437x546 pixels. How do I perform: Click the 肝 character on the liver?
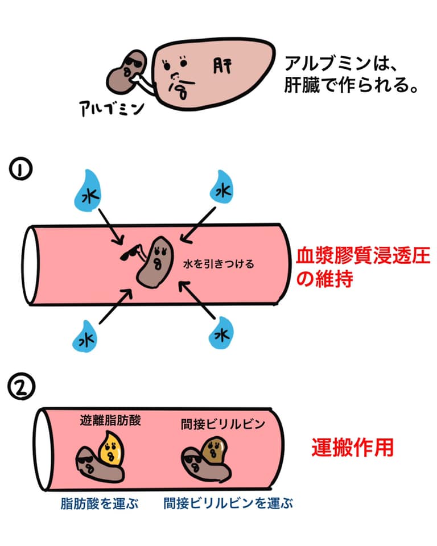coord(222,66)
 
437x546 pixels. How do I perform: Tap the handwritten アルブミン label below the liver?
coord(112,108)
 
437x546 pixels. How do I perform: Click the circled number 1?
coord(20,169)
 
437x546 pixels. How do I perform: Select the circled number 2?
coord(21,387)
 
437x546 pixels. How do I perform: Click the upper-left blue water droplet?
coord(87,191)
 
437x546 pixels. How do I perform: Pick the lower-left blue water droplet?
coord(85,337)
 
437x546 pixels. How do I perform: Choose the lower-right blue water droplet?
coord(221,333)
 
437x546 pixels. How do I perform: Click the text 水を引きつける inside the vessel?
coord(218,264)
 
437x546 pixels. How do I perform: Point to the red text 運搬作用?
coord(352,448)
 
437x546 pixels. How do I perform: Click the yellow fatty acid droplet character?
coord(111,449)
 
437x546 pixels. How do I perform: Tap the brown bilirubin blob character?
coord(214,450)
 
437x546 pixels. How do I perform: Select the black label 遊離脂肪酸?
coord(110,420)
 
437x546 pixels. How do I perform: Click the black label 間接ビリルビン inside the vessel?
coord(223,424)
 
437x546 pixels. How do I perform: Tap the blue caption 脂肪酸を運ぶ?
coord(100,503)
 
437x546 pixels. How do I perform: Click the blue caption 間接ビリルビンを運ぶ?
coord(228,503)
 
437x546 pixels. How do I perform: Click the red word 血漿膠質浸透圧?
coord(363,256)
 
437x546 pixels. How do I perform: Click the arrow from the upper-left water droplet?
coord(111,227)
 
